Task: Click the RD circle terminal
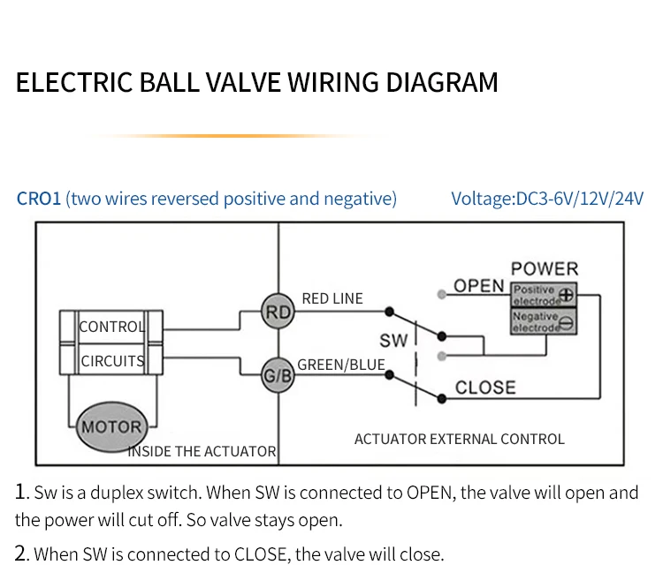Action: click(x=278, y=311)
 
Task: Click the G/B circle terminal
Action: click(x=278, y=375)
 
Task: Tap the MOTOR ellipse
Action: click(x=111, y=426)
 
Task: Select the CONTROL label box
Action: click(x=110, y=327)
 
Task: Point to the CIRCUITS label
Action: click(x=112, y=361)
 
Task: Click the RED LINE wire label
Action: click(x=332, y=298)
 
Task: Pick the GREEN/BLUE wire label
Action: click(x=341, y=364)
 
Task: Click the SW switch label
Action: click(x=393, y=340)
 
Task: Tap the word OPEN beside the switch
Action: click(x=478, y=286)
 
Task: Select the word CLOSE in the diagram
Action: click(x=485, y=387)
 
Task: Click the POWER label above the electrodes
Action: click(x=544, y=268)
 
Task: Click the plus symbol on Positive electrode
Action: click(x=567, y=296)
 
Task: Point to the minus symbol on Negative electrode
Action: click(x=567, y=323)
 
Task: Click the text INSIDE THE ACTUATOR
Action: click(x=202, y=451)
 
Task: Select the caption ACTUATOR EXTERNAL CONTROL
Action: click(x=459, y=439)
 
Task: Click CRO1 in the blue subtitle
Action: click(x=38, y=199)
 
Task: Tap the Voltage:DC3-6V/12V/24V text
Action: click(x=547, y=199)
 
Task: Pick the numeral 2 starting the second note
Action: click(x=21, y=554)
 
